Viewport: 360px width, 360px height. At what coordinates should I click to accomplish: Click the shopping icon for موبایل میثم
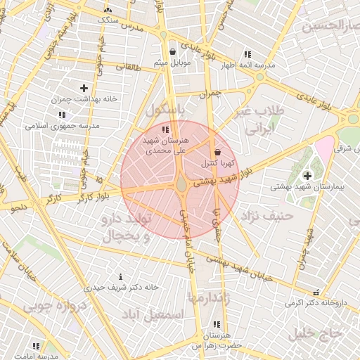(x=173, y=51)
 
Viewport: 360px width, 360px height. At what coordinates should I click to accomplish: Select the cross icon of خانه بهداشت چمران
(x=84, y=88)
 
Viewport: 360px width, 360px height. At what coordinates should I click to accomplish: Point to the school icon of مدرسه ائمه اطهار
(x=247, y=54)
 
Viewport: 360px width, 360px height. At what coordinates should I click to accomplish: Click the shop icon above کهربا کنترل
(x=217, y=152)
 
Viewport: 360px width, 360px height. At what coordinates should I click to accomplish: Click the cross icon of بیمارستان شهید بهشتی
(x=307, y=175)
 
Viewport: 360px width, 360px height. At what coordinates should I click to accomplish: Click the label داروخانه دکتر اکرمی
(x=316, y=303)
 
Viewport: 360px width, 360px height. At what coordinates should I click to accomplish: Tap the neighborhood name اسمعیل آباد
(x=153, y=315)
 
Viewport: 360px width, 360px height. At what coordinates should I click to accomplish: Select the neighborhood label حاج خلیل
(x=318, y=332)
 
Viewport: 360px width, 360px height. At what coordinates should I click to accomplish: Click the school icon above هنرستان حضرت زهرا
(x=216, y=324)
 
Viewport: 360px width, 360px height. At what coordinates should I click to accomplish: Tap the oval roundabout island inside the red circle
(x=181, y=184)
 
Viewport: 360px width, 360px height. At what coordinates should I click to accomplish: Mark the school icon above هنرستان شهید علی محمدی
(x=165, y=129)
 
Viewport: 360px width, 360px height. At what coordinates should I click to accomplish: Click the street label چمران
(x=210, y=92)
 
